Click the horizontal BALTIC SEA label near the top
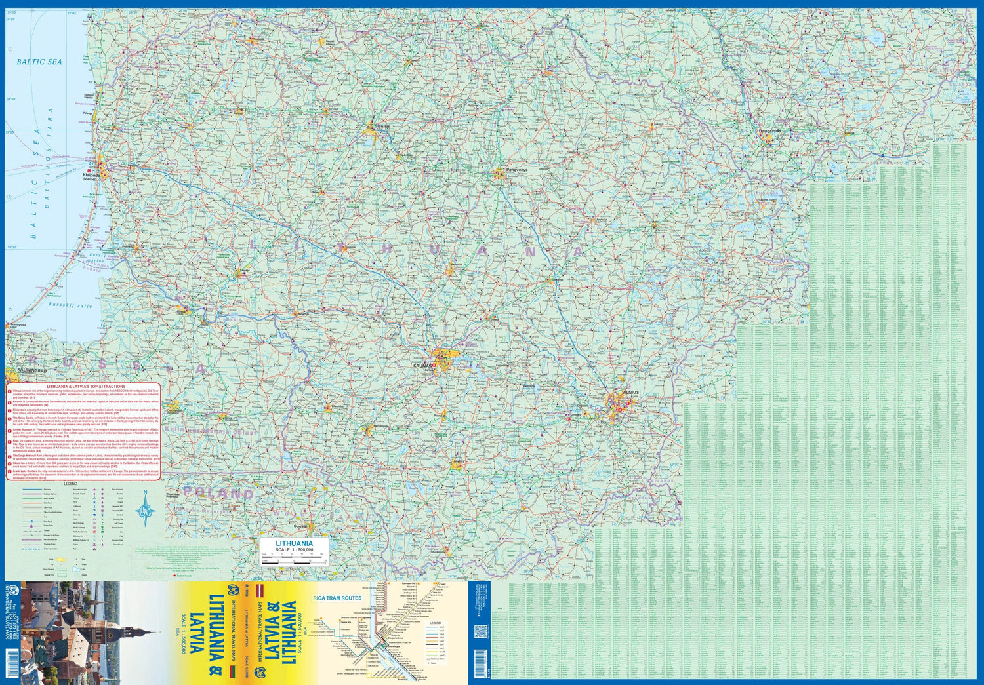39,62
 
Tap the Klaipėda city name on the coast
91,175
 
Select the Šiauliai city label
381,125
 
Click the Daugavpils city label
770,130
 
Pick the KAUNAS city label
423,364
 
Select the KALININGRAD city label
32,370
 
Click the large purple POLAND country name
218,492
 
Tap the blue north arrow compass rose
145,509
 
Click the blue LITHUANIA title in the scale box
294,543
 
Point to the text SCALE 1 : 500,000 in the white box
294,550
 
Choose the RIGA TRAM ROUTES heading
337,598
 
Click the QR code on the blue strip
480,632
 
